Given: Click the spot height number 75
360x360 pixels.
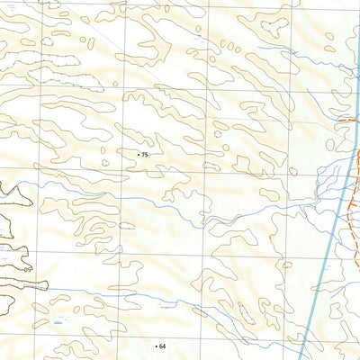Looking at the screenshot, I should coord(145,156).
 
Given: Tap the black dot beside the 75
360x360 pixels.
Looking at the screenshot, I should coord(139,156).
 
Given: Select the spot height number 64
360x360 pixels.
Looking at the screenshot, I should coord(163,346).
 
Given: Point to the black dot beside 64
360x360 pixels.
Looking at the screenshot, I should coord(157,346).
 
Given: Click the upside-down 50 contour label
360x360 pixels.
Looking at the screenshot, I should coord(28,268).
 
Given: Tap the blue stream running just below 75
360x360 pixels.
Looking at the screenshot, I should coord(135,184).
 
